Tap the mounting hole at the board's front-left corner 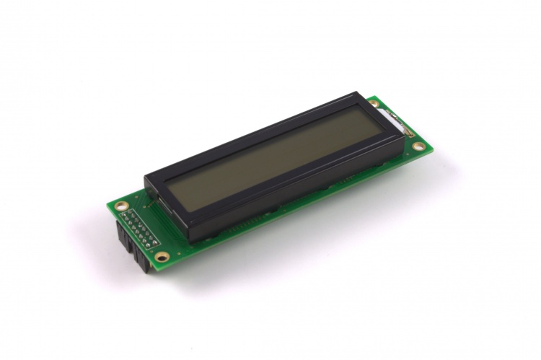coord(161,255)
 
